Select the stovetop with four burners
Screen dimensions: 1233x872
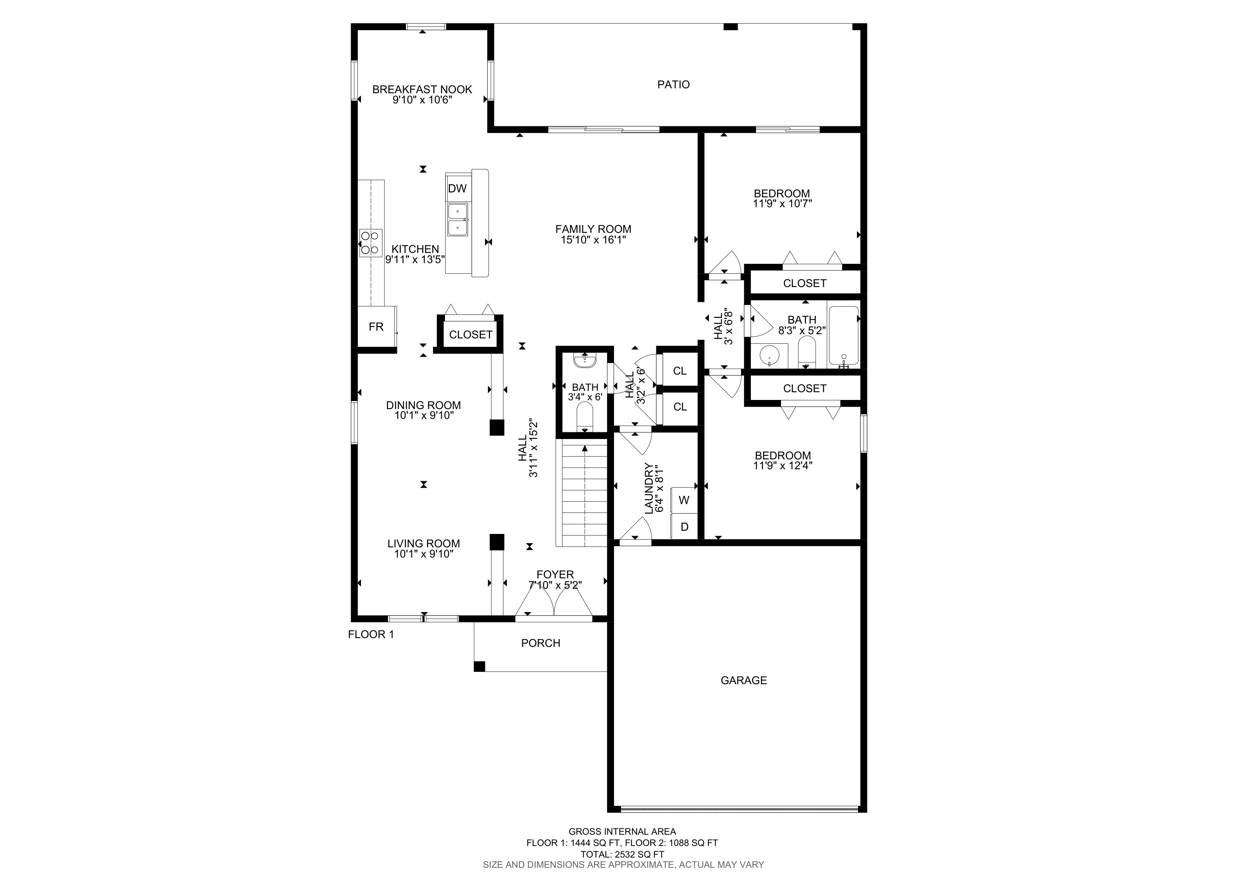point(370,242)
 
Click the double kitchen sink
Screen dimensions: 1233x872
point(458,220)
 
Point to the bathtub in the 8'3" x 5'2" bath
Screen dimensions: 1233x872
point(844,336)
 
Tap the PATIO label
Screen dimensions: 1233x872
point(673,84)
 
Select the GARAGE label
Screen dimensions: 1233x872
point(744,680)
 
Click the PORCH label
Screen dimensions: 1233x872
point(541,643)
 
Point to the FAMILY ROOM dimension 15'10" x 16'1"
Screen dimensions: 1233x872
point(593,240)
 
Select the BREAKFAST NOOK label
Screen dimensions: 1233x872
point(422,89)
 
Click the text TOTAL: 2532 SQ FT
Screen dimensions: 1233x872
point(622,854)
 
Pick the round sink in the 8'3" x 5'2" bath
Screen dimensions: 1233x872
point(769,355)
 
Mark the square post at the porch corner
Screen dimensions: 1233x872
point(479,666)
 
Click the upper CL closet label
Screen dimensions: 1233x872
point(680,371)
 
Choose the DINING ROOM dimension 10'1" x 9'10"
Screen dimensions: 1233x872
point(424,415)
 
